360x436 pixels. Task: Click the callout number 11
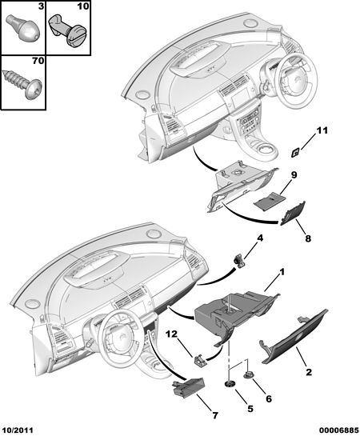point(322,130)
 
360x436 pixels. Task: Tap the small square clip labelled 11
point(295,152)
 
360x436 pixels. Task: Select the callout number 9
point(294,175)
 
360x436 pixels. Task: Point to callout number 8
point(308,238)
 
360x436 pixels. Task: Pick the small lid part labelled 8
point(293,213)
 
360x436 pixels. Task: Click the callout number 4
point(260,238)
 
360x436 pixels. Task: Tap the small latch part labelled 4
point(239,261)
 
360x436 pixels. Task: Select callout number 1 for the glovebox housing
point(282,272)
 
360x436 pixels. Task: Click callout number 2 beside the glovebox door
point(309,372)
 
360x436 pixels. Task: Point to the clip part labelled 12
point(200,360)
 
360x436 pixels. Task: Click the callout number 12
point(172,334)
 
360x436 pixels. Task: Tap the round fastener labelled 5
point(230,384)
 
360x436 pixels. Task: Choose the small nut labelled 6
point(248,376)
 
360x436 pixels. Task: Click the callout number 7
point(214,415)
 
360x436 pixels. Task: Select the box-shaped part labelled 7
point(189,386)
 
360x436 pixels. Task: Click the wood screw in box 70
point(22,82)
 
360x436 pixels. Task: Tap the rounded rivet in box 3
point(24,29)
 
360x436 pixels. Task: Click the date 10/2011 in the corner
point(17,430)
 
